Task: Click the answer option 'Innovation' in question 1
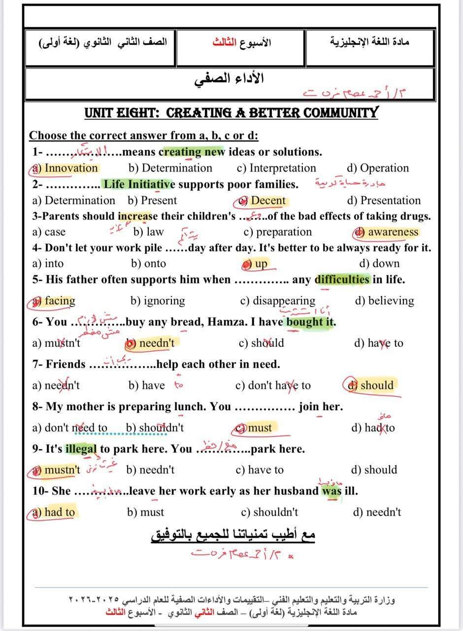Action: (x=71, y=168)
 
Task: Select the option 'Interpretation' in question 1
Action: (x=283, y=168)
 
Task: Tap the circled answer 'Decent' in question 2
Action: (x=268, y=201)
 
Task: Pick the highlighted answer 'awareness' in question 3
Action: (x=393, y=232)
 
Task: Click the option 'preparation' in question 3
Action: (x=284, y=232)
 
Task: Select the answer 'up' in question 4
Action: (x=261, y=264)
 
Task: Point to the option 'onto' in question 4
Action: (x=153, y=264)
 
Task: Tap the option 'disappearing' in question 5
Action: (x=284, y=301)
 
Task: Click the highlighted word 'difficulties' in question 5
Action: (x=342, y=280)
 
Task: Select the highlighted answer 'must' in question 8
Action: (x=260, y=428)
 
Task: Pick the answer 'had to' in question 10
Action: (x=59, y=512)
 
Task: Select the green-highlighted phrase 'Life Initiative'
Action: (x=139, y=184)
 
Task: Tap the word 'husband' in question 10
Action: (x=296, y=491)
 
